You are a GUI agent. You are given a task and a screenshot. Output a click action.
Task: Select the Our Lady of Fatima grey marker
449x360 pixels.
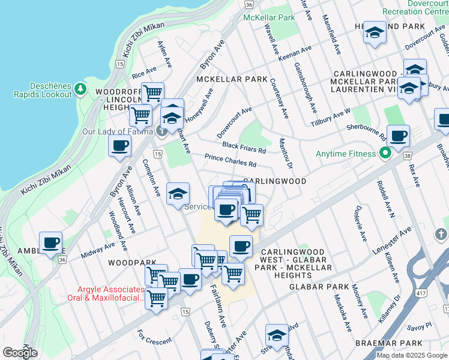[x=161, y=131]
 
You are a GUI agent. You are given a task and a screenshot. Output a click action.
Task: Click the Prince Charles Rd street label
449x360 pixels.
[x=231, y=161]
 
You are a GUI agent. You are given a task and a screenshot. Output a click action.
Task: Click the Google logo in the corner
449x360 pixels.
[x=20, y=352]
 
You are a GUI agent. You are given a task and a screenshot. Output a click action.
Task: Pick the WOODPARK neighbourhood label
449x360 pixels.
[x=128, y=263]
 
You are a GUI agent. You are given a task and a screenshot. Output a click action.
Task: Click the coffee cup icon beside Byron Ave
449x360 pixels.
[x=119, y=145]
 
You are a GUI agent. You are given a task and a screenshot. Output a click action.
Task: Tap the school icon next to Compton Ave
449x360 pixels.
[x=178, y=194]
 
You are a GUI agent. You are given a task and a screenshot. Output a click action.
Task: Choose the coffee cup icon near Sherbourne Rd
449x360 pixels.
[x=398, y=136]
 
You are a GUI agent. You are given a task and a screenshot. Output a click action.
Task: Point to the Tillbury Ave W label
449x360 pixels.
[x=331, y=116]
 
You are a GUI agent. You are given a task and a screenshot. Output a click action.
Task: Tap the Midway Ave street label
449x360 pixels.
[x=97, y=250]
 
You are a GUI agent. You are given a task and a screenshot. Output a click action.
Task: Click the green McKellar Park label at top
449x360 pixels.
[x=269, y=17]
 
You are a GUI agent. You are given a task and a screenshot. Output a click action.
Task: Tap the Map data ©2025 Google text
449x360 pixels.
[x=412, y=355]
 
